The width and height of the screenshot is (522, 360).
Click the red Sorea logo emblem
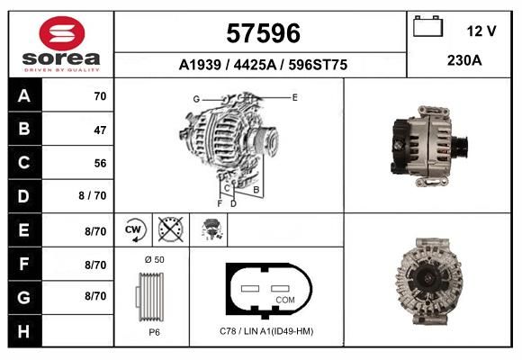(x=62, y=33)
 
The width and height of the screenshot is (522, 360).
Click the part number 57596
(x=263, y=33)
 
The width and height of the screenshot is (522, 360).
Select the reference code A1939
(x=200, y=65)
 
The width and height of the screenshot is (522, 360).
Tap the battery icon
(x=427, y=26)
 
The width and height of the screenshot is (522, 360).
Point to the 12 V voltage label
(x=481, y=31)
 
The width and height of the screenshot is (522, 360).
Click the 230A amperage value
(x=464, y=60)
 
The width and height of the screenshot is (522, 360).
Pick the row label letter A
(x=24, y=96)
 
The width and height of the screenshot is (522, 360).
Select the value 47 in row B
(x=100, y=130)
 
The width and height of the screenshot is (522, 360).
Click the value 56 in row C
(x=100, y=163)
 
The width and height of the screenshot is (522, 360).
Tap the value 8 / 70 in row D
(x=93, y=195)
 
